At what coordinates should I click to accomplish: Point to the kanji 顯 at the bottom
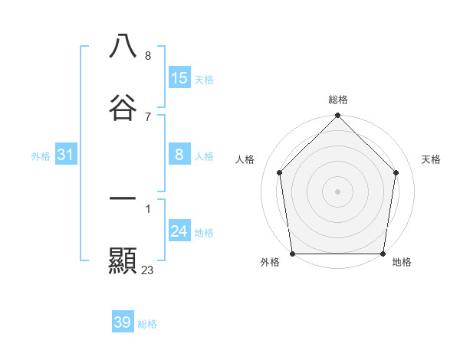click(123, 260)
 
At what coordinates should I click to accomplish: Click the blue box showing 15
click(179, 78)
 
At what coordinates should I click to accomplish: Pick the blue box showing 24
click(179, 232)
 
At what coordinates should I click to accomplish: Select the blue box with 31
click(66, 155)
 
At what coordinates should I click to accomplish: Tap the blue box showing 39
click(123, 322)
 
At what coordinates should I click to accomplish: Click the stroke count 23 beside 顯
click(148, 270)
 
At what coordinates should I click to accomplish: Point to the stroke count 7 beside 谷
click(147, 116)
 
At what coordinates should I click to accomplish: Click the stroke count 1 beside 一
click(147, 208)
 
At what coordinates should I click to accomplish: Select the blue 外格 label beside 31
click(41, 156)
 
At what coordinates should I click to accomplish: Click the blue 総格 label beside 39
click(147, 324)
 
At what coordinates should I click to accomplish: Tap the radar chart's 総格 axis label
click(338, 100)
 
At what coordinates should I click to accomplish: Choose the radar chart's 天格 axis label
click(432, 159)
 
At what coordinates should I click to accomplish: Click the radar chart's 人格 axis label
click(245, 159)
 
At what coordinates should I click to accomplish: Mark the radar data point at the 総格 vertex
click(338, 116)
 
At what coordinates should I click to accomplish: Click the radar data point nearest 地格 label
click(383, 254)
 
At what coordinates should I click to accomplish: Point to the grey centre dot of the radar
click(338, 191)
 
